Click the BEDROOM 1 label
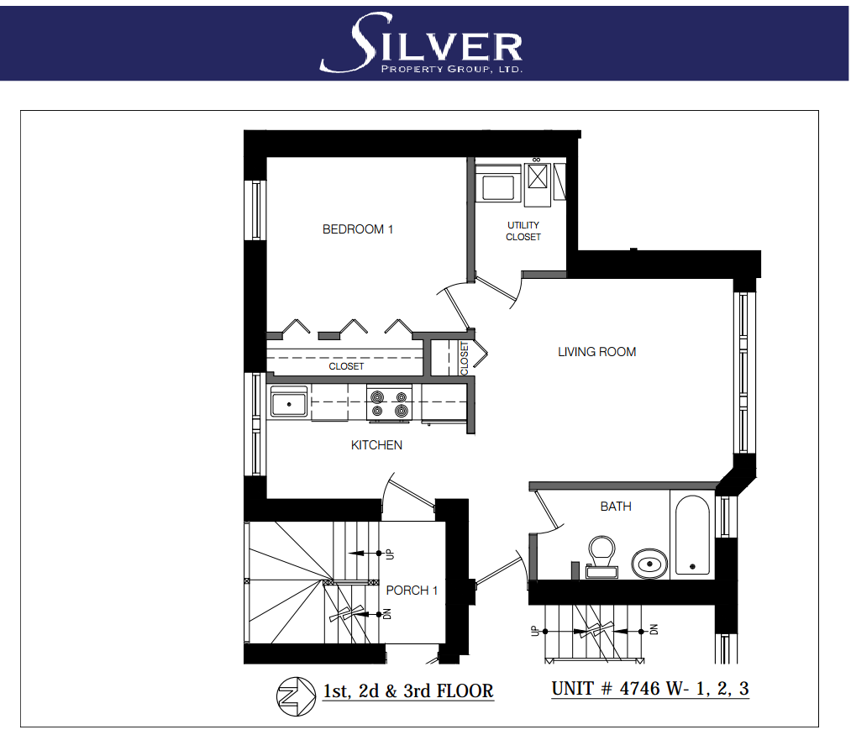tap(358, 229)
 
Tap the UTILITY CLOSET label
tap(523, 231)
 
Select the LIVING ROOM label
tap(597, 352)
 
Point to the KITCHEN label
tap(376, 445)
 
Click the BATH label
tap(616, 507)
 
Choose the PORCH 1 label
tap(412, 590)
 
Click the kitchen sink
tap(289, 402)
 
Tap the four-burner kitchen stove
tap(389, 403)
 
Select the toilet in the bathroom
tap(601, 557)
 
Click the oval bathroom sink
tap(649, 564)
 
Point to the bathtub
tap(692, 535)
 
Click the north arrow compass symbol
tap(296, 696)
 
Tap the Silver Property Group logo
tap(422, 44)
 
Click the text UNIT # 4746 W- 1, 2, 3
tap(650, 689)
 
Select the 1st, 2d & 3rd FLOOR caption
tap(408, 691)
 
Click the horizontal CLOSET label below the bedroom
tap(346, 366)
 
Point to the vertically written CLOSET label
tap(464, 359)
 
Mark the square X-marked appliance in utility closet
tap(538, 176)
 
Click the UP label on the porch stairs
tap(389, 554)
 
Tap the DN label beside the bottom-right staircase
tap(654, 630)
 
